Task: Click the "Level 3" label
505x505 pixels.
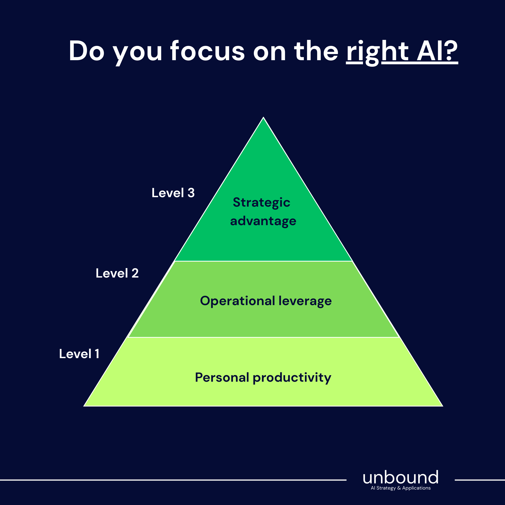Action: [x=173, y=193]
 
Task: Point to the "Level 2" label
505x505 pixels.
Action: [x=117, y=273]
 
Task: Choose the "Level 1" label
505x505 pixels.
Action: [x=79, y=354]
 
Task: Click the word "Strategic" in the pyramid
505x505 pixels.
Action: [x=261, y=203]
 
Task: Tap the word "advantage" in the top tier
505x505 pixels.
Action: [x=263, y=221]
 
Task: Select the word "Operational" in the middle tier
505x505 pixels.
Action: [x=238, y=301]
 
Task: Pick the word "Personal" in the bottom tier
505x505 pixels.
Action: [x=222, y=377]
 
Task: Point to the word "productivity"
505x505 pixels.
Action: [x=292, y=378]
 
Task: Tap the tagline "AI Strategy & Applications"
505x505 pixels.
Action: [x=401, y=488]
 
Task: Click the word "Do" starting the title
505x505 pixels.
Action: [x=87, y=51]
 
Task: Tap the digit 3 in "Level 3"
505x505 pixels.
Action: [x=191, y=193]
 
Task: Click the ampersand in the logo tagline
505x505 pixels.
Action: [x=399, y=488]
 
